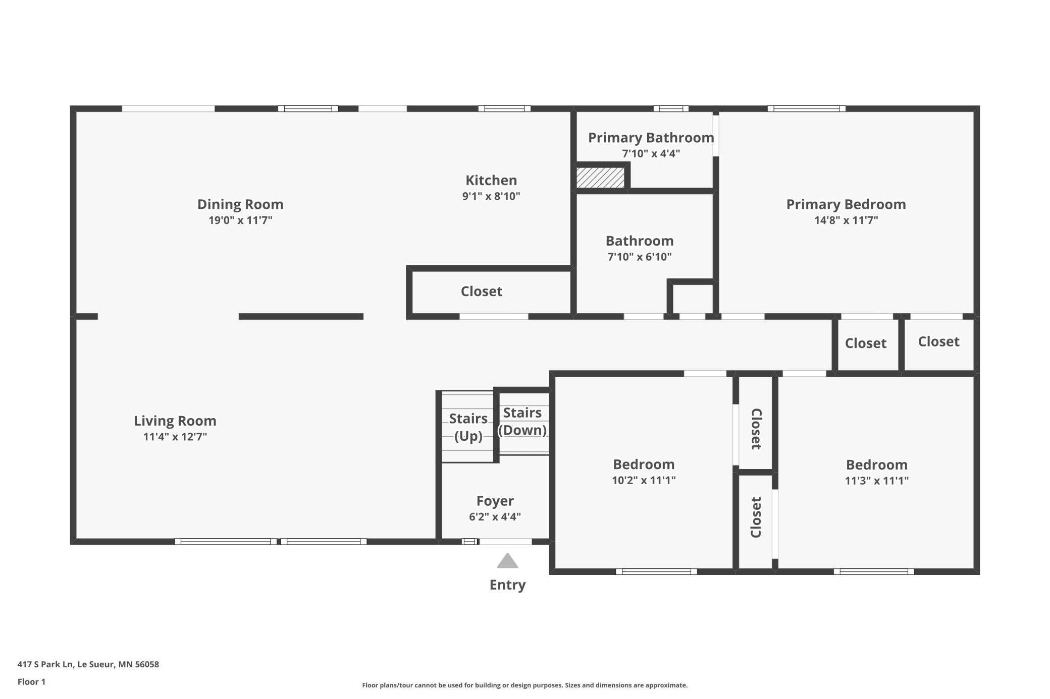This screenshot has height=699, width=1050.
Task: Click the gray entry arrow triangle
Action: pos(507,561)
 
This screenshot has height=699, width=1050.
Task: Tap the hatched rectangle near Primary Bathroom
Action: pos(600,178)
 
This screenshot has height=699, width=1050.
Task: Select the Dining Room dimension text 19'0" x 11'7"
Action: pos(240,220)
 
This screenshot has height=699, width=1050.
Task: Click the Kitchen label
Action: pos(491,180)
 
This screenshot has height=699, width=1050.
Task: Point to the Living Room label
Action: pos(175,421)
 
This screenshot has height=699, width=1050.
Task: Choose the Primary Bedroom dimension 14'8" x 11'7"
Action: pos(846,220)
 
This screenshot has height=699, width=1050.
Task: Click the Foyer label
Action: pos(495,501)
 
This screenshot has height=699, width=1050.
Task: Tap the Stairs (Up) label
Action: pos(468,427)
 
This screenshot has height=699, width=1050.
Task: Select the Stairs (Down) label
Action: pos(522,421)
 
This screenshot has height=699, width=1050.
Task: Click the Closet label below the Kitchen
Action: pos(482,292)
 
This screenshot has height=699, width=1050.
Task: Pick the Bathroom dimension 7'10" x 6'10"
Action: pos(640,257)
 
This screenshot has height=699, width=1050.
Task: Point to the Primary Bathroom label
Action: pos(651,138)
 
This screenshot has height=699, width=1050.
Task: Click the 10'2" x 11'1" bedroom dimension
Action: pos(644,480)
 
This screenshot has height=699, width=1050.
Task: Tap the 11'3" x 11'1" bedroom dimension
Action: pos(877,481)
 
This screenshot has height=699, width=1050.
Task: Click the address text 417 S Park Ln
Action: pos(45,664)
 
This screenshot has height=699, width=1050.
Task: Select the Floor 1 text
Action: pos(31,682)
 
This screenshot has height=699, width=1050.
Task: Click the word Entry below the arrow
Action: pos(508,585)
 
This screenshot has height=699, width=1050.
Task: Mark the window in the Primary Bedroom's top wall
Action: pos(807,108)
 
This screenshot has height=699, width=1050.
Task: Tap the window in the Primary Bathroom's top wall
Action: pos(671,108)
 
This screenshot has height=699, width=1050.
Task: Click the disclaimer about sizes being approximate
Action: pos(525,685)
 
